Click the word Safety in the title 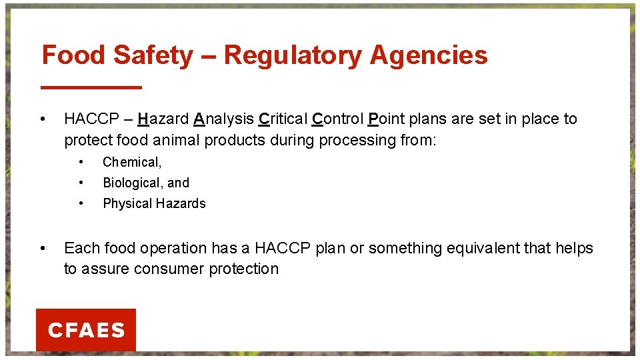pyautogui.click(x=153, y=55)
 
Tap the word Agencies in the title pyautogui.click(x=428, y=55)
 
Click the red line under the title pyautogui.click(x=92, y=87)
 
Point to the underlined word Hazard pyautogui.click(x=163, y=119)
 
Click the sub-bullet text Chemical pyautogui.click(x=131, y=162)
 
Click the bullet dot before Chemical pyautogui.click(x=81, y=162)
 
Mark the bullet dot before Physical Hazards pyautogui.click(x=81, y=203)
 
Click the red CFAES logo pyautogui.click(x=86, y=330)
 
